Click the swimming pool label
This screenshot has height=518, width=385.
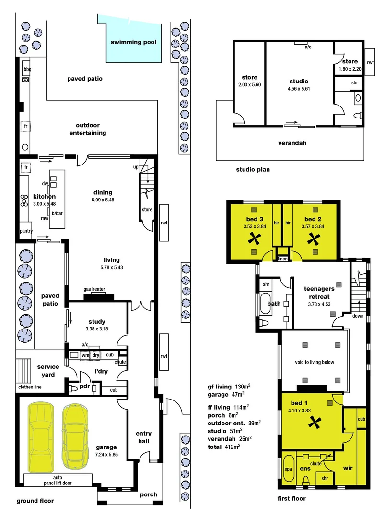pos(134,42)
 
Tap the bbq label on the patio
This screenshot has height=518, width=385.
pos(27,69)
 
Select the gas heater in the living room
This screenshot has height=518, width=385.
pos(98,296)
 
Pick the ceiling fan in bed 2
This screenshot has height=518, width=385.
pos(315,237)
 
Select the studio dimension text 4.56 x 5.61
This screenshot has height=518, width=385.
pos(299,88)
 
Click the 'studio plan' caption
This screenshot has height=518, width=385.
pos(253,169)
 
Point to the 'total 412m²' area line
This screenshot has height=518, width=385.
pos(223,447)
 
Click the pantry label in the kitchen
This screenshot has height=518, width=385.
pos(26,231)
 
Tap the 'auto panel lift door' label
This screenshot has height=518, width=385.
pos(58,480)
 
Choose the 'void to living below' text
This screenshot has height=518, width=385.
pos(315,362)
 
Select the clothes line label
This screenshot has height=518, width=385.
pos(29,387)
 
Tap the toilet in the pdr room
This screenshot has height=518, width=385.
pos(73,388)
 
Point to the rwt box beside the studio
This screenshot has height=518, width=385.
pos(370,63)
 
